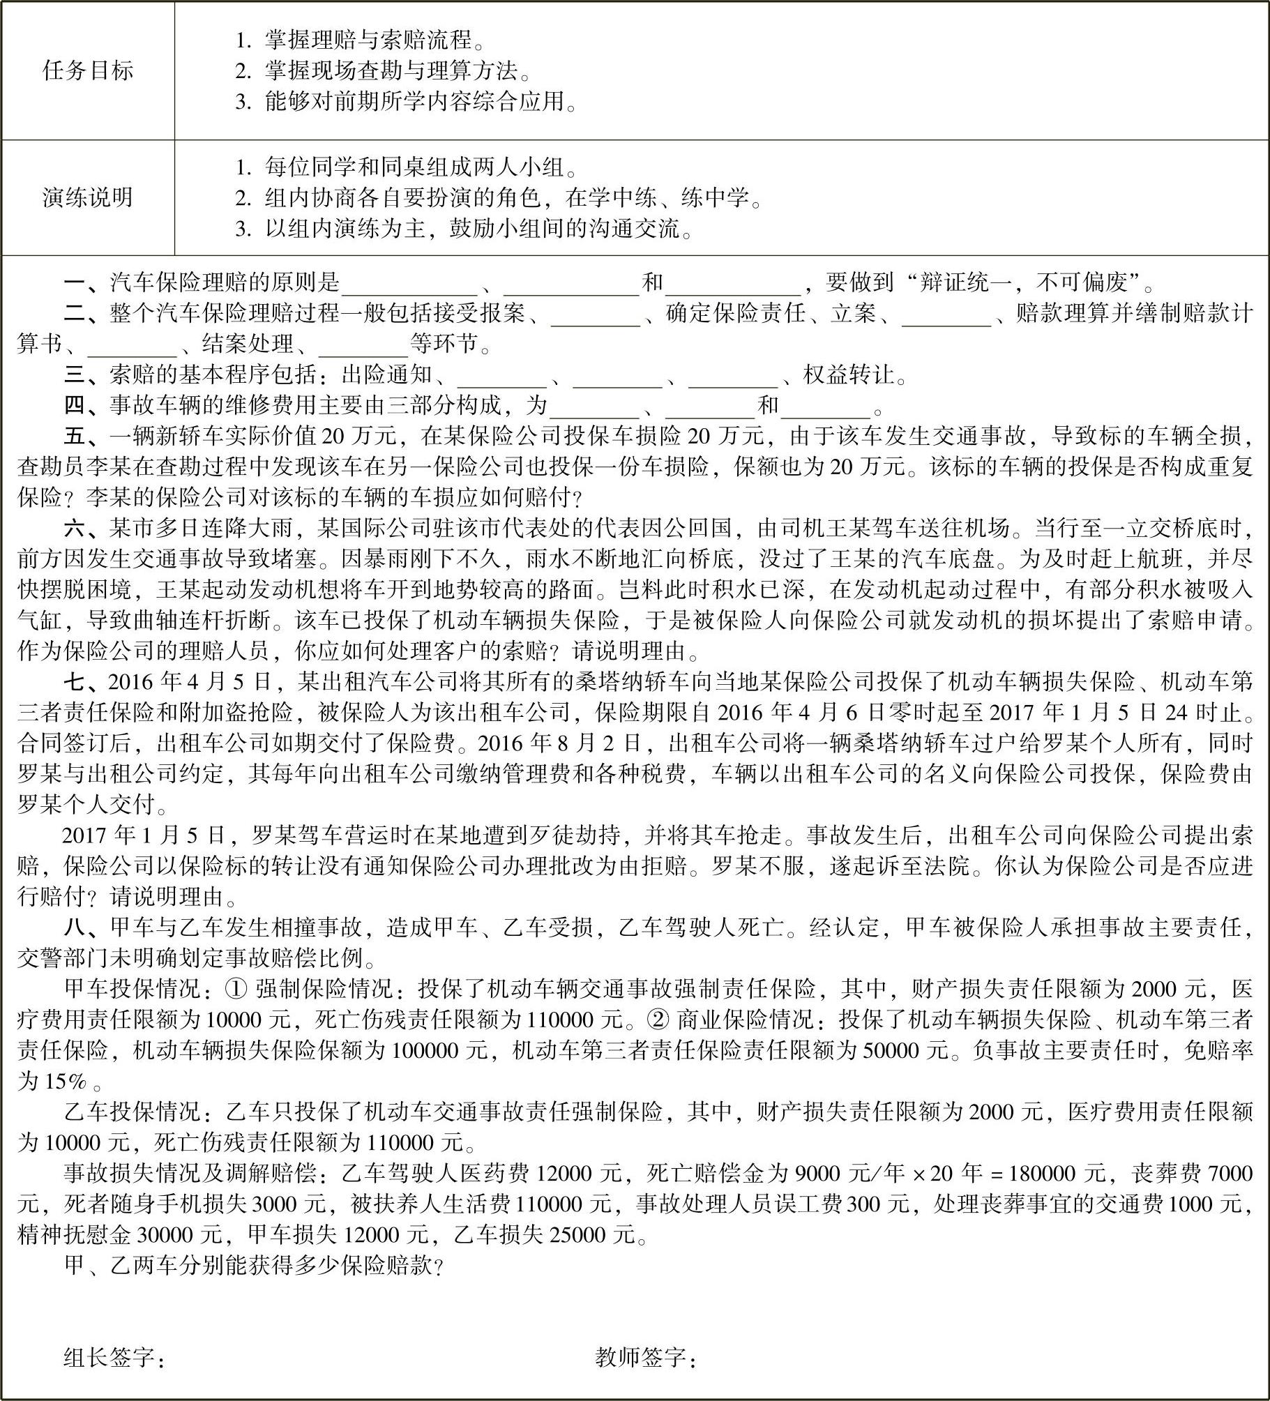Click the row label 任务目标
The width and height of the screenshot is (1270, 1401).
pyautogui.click(x=88, y=70)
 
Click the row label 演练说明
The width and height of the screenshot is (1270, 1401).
pyautogui.click(x=88, y=198)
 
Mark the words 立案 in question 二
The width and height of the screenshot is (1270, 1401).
pyautogui.click(x=853, y=314)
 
